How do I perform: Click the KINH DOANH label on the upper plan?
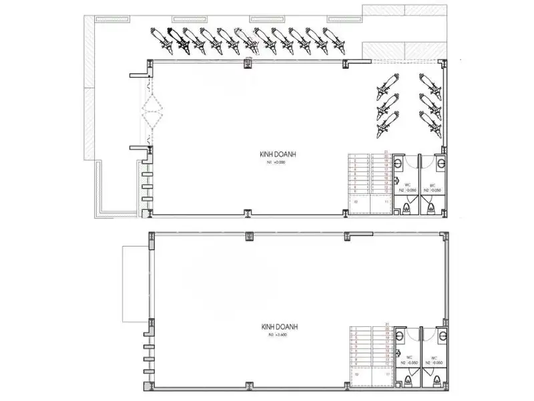click(278, 154)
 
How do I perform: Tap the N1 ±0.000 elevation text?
click(277, 162)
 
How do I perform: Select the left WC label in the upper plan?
click(407, 185)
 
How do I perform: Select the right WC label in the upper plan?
click(433, 185)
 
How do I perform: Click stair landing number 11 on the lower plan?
click(386, 375)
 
